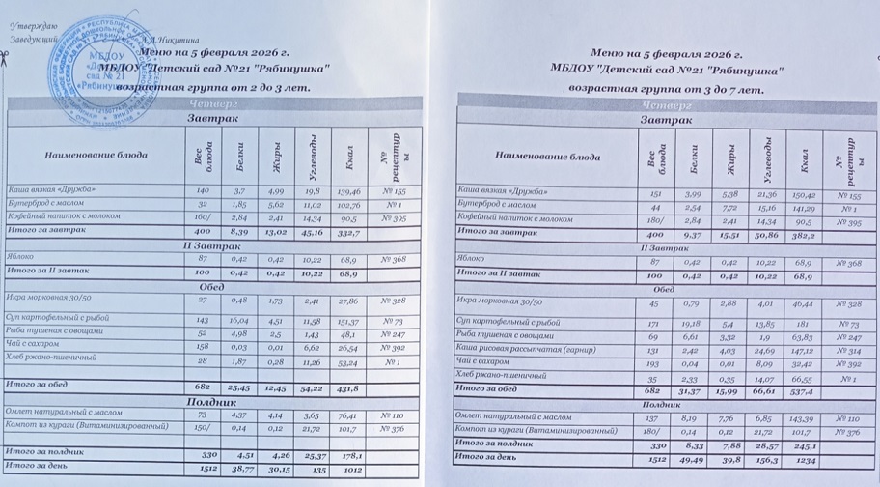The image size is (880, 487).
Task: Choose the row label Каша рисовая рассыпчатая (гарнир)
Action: point(518,351)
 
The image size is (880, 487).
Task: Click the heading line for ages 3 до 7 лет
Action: point(667,88)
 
